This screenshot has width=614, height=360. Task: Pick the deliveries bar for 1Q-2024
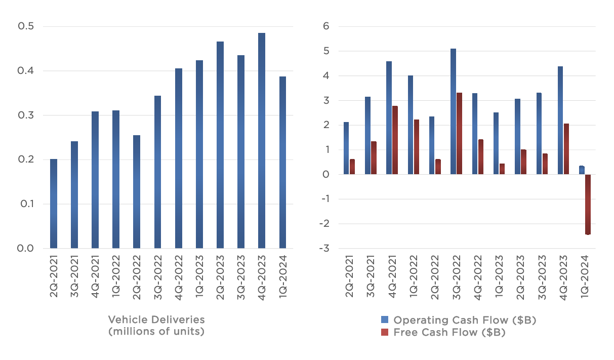click(x=282, y=163)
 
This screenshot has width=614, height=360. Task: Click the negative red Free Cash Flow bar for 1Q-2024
click(x=588, y=205)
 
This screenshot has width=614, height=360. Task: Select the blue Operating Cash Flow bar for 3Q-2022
click(x=453, y=111)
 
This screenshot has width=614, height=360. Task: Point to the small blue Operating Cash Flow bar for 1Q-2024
click(x=582, y=170)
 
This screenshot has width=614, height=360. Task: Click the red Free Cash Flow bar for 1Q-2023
click(x=501, y=169)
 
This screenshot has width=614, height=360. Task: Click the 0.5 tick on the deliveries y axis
click(x=26, y=26)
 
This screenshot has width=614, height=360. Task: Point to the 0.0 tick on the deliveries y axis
click(x=26, y=249)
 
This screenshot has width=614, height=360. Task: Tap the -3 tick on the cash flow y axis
click(x=324, y=249)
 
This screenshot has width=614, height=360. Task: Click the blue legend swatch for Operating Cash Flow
click(x=385, y=320)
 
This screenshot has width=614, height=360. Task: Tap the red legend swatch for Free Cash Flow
click(x=385, y=332)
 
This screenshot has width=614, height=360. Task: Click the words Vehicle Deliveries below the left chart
click(x=156, y=319)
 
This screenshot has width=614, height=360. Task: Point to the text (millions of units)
click(x=156, y=332)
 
